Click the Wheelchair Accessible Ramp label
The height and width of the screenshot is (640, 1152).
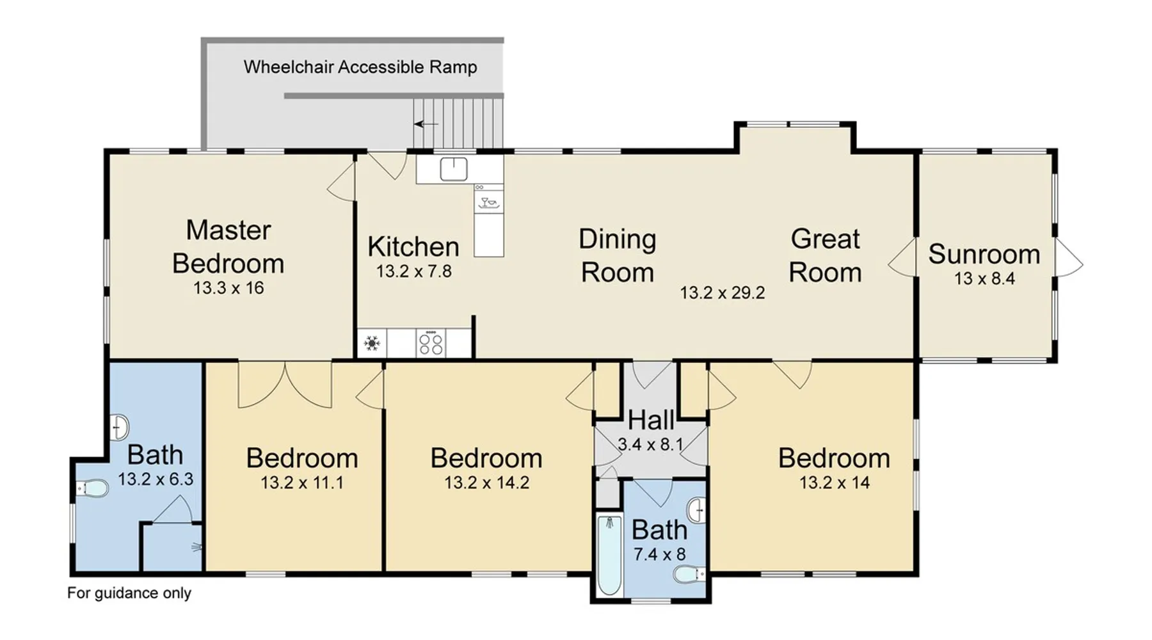click(360, 67)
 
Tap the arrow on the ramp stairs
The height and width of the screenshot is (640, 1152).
click(426, 124)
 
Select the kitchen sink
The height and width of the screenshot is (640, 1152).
click(454, 170)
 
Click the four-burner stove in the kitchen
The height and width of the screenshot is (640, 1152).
click(431, 344)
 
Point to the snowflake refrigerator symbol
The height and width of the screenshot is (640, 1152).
click(372, 344)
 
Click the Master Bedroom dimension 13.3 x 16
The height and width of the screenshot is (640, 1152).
click(228, 288)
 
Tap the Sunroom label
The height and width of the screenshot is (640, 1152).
click(984, 254)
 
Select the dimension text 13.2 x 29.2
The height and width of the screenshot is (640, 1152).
click(723, 293)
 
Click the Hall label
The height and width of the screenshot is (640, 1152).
click(651, 420)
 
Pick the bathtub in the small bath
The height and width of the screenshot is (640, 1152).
click(609, 556)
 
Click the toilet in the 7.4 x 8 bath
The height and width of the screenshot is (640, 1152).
click(690, 574)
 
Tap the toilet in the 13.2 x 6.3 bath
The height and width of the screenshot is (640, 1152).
click(92, 489)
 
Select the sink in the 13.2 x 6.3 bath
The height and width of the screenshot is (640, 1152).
click(120, 427)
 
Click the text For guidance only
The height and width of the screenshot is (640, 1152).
click(129, 593)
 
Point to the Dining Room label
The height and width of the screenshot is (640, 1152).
click(618, 255)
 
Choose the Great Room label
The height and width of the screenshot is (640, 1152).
click(825, 255)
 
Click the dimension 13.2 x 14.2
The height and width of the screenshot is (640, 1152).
click(487, 483)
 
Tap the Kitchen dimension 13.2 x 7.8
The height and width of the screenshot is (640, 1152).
click(414, 271)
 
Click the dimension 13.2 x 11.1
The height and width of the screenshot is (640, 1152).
click(302, 483)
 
